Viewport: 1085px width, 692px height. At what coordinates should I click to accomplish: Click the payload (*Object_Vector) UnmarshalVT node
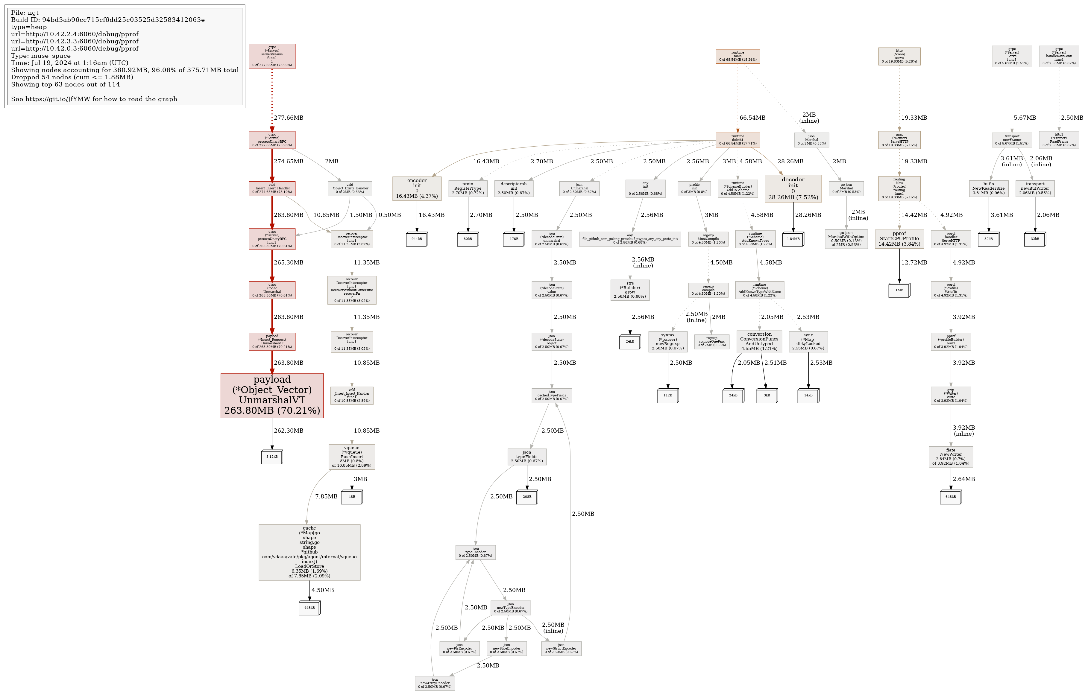tap(272, 395)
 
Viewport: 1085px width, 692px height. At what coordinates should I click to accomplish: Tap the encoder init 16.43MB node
tap(416, 188)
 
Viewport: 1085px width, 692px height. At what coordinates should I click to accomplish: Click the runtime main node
tap(738, 56)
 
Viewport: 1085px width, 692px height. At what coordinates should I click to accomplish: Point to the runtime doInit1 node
tap(738, 140)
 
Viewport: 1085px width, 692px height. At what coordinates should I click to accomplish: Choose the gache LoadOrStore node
tap(309, 552)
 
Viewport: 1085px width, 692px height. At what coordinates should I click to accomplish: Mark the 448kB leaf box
tap(309, 608)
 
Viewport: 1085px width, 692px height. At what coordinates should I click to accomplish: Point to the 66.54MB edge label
tap(752, 118)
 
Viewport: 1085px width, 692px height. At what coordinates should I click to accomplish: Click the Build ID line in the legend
tap(108, 20)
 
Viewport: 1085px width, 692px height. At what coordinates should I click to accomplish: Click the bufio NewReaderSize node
tap(989, 188)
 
